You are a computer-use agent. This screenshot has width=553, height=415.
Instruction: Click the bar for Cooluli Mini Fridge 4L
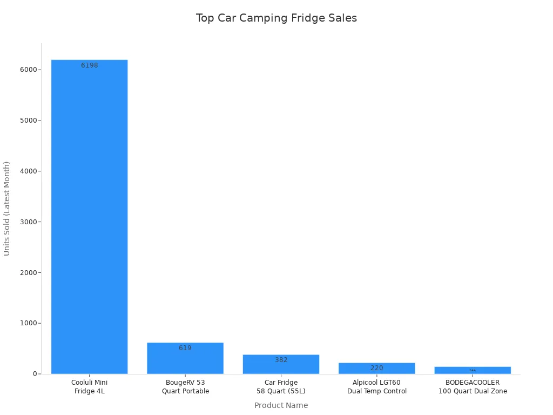[x=89, y=216]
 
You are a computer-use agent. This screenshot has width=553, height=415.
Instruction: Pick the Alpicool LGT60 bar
[x=376, y=369]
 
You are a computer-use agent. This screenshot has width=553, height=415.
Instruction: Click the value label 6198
[x=90, y=65]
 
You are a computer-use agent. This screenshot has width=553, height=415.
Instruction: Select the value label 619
[x=185, y=348]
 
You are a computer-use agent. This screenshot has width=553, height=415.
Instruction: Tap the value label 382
[x=281, y=360]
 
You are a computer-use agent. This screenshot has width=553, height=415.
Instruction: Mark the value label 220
[x=376, y=368]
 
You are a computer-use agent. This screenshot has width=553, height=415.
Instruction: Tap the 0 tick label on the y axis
[x=35, y=374]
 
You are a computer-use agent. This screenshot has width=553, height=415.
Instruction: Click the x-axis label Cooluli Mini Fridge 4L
[x=89, y=387]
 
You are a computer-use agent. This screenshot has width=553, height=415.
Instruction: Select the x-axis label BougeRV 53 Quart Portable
[x=185, y=387]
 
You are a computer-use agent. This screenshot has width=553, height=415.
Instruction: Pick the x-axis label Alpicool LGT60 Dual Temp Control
[x=376, y=387]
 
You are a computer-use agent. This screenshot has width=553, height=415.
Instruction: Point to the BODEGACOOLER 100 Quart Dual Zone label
[x=473, y=387]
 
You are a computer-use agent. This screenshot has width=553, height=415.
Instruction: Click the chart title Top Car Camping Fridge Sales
[x=276, y=18]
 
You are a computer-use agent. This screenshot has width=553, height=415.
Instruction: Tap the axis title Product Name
[x=281, y=405]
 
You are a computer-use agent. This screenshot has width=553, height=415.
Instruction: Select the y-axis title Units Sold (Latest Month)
[x=7, y=208]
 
